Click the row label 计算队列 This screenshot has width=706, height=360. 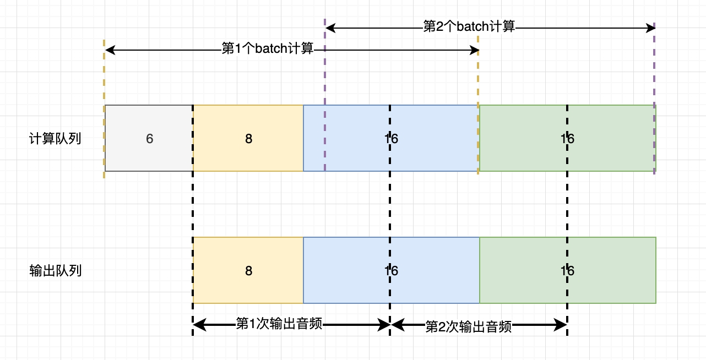coord(55,139)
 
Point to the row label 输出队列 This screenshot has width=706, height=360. coord(55,271)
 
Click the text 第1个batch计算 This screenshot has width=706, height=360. coord(267,49)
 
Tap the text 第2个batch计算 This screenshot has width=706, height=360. coord(469,26)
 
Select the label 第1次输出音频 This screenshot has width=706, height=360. coord(279,324)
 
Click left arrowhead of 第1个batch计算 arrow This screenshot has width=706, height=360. coord(109,50)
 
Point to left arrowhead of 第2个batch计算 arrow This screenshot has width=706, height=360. coord(330,27)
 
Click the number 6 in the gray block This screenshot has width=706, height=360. coord(149,139)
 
